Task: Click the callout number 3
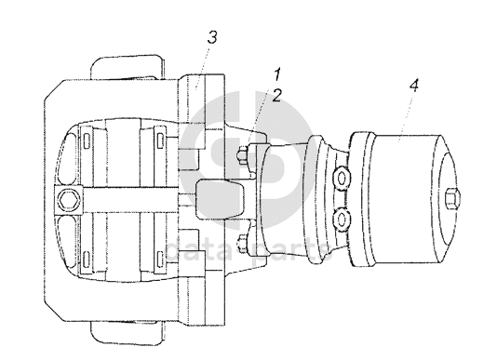212,37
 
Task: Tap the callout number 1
277,74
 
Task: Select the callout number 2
276,95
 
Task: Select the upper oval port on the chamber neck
342,179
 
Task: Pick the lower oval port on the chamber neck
342,219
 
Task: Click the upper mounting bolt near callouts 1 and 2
243,155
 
